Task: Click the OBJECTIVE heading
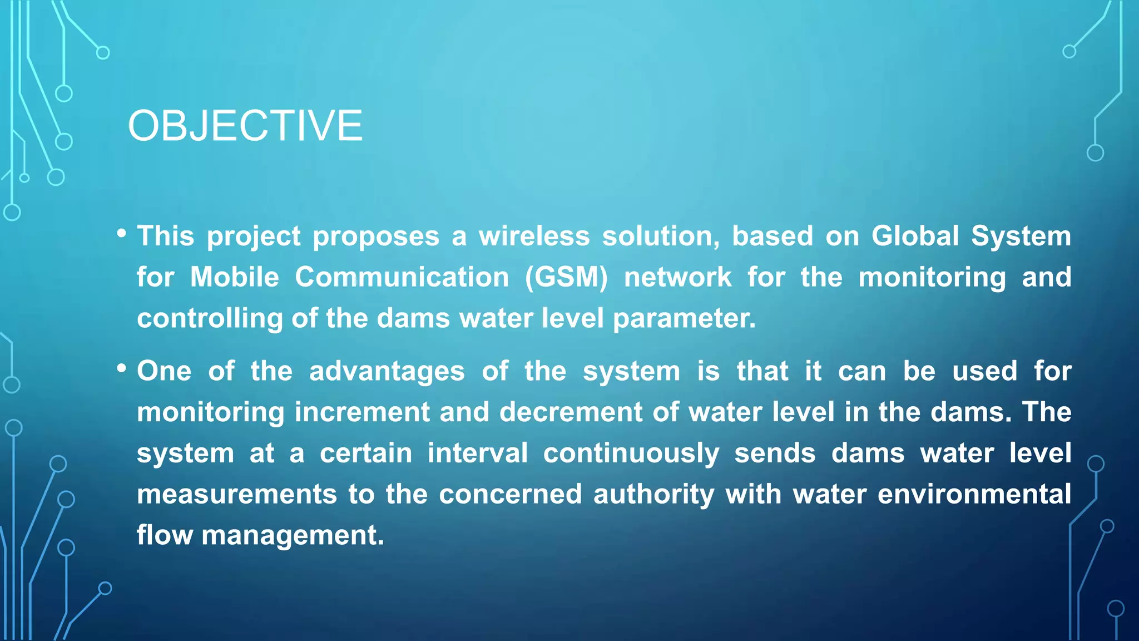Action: point(245,126)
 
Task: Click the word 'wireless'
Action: point(534,236)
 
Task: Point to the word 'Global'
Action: point(915,236)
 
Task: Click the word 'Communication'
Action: point(402,277)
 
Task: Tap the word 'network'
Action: point(677,277)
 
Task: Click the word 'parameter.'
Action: point(684,318)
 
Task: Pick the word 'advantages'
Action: point(387,371)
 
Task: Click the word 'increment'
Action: point(361,412)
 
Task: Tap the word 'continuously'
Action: point(631,453)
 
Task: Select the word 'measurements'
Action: point(237,495)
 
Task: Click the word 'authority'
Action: point(653,495)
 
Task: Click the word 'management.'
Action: point(293,535)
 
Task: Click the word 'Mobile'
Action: point(234,277)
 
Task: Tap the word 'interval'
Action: point(477,453)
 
